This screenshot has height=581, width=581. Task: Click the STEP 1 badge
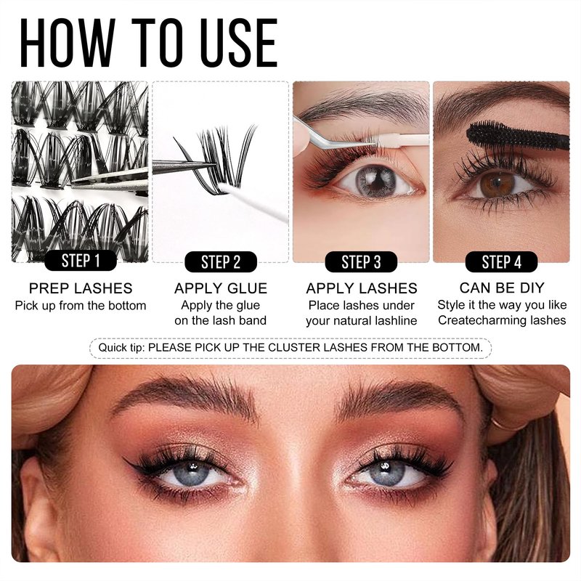81,261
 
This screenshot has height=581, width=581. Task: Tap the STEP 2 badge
221,262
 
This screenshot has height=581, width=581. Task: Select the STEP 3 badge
361,262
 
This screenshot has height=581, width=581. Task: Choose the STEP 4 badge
501,262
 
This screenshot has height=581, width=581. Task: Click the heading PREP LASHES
81,288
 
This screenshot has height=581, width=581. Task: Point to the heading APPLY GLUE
221,288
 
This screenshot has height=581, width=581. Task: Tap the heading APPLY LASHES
362,288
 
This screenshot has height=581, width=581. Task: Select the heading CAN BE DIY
502,288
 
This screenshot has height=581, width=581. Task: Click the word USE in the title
239,43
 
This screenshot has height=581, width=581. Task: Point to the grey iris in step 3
375,181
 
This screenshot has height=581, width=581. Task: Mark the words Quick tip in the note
121,348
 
